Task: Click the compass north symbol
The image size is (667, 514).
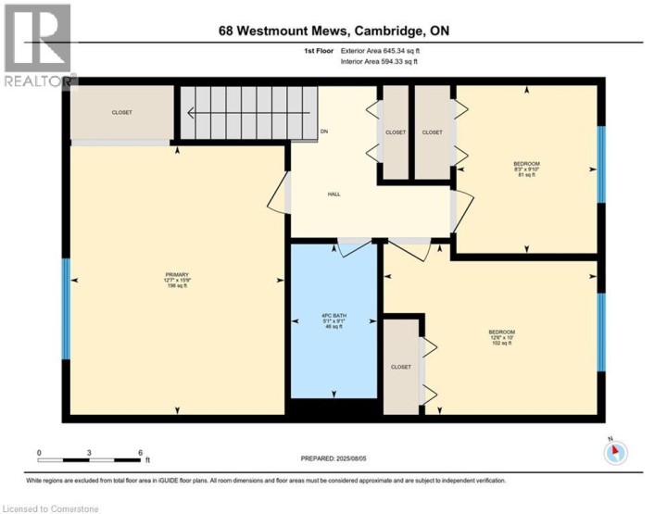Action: click(x=615, y=452)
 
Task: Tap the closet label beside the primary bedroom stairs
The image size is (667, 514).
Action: click(x=121, y=113)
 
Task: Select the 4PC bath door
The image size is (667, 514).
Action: click(x=352, y=247)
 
